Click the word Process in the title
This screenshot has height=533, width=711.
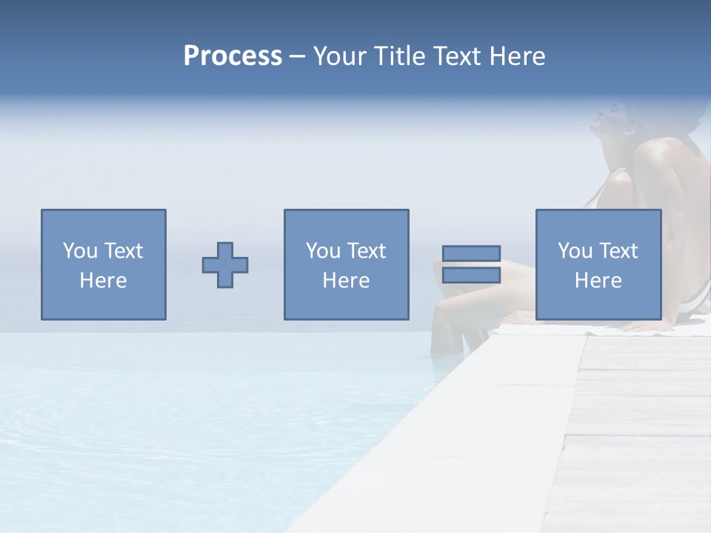pos(233,56)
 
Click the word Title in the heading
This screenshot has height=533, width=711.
pos(398,56)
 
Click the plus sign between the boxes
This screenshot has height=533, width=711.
pos(225,265)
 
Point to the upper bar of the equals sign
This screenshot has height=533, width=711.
pos(471,253)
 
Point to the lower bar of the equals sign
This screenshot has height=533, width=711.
pos(471,275)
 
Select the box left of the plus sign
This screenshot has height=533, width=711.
pos(103,222)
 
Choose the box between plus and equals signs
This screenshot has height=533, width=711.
pos(346,222)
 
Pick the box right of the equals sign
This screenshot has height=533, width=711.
pos(598,222)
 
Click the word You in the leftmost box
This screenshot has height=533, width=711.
pos(80,251)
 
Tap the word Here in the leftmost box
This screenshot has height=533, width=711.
pos(103,281)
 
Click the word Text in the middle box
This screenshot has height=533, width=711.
pos(367,251)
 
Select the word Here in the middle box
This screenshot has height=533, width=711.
pos(346,281)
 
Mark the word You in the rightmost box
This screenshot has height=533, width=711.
pos(575,251)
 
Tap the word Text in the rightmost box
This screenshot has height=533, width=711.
pos(618,251)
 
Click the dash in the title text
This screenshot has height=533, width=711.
pos(297,56)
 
